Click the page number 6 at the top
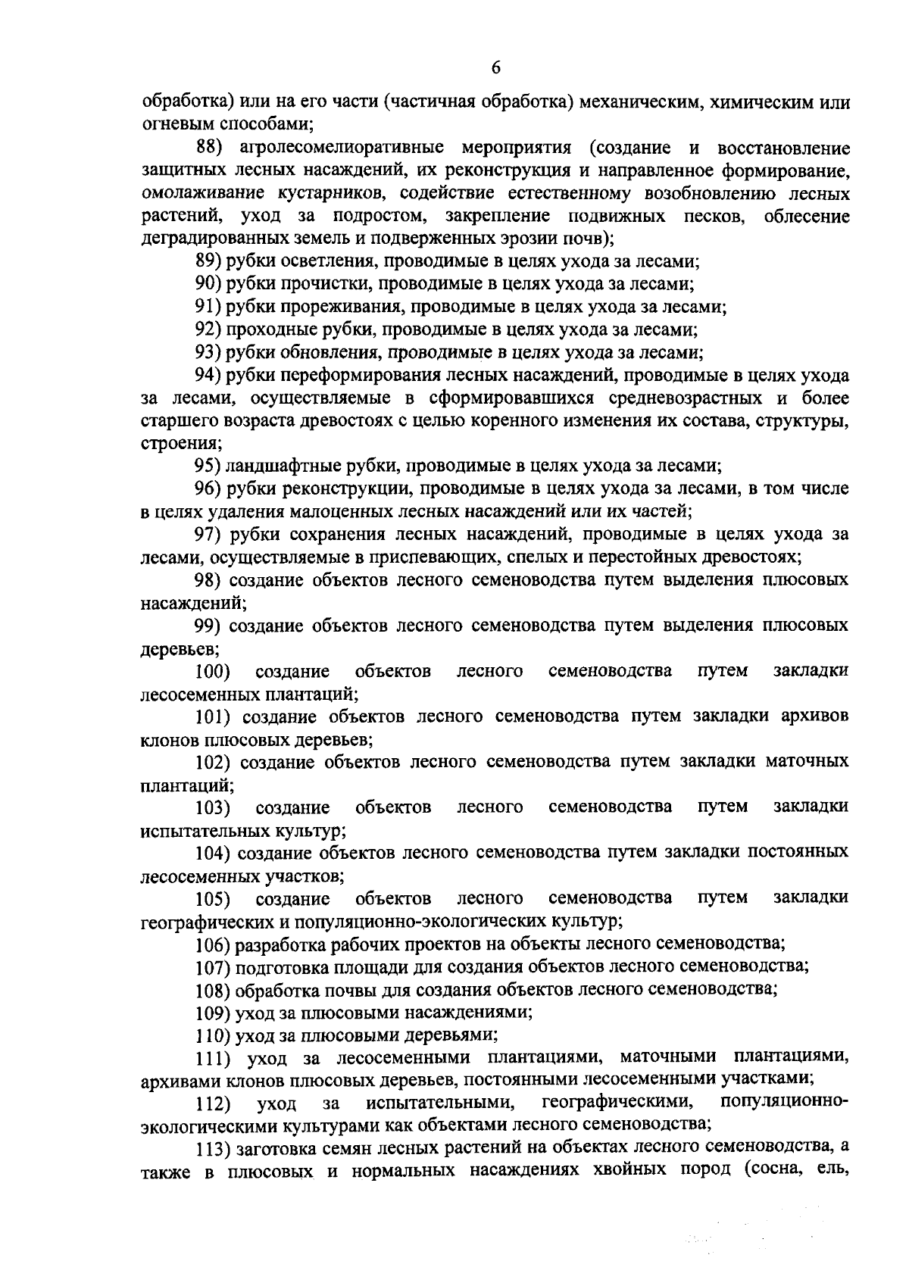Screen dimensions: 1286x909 (x=495, y=67)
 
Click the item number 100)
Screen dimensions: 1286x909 (x=213, y=671)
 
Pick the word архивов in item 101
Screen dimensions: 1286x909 (x=814, y=716)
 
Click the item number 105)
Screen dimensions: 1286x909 (x=213, y=898)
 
